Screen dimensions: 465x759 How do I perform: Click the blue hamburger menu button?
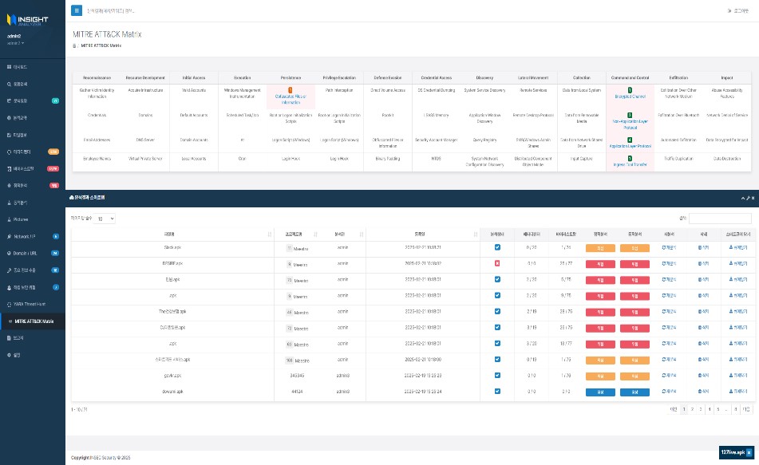pyautogui.click(x=77, y=10)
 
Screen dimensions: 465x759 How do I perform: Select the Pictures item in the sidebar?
pyautogui.click(x=22, y=219)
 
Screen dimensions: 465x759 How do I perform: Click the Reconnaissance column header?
pyautogui.click(x=97, y=77)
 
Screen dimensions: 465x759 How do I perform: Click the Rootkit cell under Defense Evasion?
pyautogui.click(x=388, y=115)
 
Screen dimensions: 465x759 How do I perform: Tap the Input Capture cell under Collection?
pyautogui.click(x=582, y=158)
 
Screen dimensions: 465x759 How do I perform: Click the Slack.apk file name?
pyautogui.click(x=173, y=248)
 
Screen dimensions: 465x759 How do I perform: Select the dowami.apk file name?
pyautogui.click(x=173, y=391)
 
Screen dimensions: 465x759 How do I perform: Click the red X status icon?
pyautogui.click(x=497, y=262)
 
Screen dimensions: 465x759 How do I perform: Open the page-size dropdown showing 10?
pyautogui.click(x=105, y=219)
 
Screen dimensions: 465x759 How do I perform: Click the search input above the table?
pyautogui.click(x=720, y=219)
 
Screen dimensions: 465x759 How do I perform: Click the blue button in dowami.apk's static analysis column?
pyautogui.click(x=600, y=391)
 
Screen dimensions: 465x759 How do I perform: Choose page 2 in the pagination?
pyautogui.click(x=690, y=408)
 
